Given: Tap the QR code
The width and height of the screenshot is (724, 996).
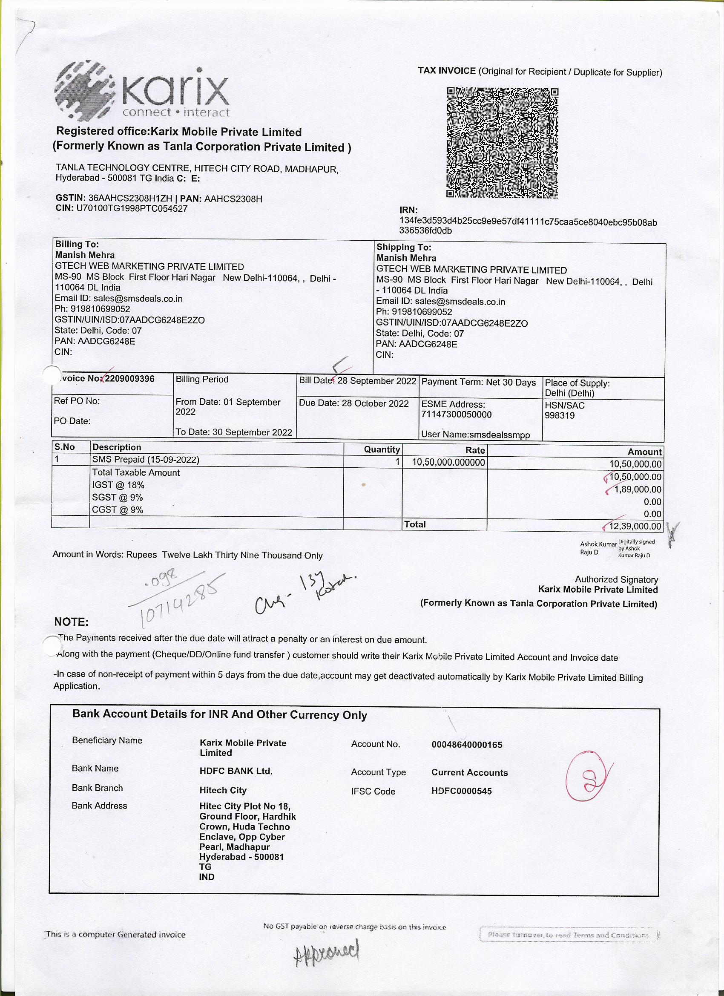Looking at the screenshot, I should pyautogui.click(x=502, y=143).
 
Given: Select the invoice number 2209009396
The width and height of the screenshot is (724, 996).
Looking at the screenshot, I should pyautogui.click(x=129, y=379).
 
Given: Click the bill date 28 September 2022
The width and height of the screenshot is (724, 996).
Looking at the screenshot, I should pyautogui.click(x=376, y=381).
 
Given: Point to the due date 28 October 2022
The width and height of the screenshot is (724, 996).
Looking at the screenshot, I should pyautogui.click(x=375, y=403).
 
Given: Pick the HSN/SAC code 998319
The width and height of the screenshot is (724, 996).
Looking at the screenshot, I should pyautogui.click(x=559, y=415).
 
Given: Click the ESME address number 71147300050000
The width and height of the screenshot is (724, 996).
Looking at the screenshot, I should pyautogui.click(x=456, y=415).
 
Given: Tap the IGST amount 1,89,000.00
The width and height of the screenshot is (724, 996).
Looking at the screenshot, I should pyautogui.click(x=638, y=489).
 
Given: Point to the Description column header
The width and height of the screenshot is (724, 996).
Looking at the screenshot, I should pyautogui.click(x=116, y=447).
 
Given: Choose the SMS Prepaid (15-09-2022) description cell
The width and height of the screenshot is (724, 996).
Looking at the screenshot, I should pyautogui.click(x=145, y=460).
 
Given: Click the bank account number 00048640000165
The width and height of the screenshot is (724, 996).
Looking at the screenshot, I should pyautogui.click(x=467, y=745).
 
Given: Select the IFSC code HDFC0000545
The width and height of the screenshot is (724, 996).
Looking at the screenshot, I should pyautogui.click(x=462, y=791).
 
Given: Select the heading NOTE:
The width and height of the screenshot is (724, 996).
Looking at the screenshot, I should pyautogui.click(x=71, y=622).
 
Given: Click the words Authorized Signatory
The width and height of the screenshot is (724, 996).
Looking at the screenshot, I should pyautogui.click(x=616, y=580).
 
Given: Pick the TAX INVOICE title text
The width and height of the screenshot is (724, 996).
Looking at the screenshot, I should pyautogui.click(x=446, y=71).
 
